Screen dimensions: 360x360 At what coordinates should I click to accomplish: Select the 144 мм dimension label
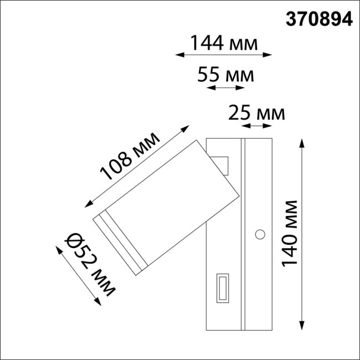coord(224,42)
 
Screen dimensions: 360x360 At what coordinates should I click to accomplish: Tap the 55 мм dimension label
coord(225,75)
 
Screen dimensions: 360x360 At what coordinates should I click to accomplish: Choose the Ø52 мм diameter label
coord(89,265)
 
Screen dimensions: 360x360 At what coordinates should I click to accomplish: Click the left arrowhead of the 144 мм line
coord(178,55)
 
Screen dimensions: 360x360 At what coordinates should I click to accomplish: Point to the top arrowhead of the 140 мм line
coord(302,142)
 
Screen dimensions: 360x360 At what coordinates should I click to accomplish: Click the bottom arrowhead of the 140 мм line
coord(302,327)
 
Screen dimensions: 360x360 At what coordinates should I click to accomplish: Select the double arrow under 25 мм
coord(257,127)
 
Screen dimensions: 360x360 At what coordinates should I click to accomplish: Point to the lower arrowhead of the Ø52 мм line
coord(100,304)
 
